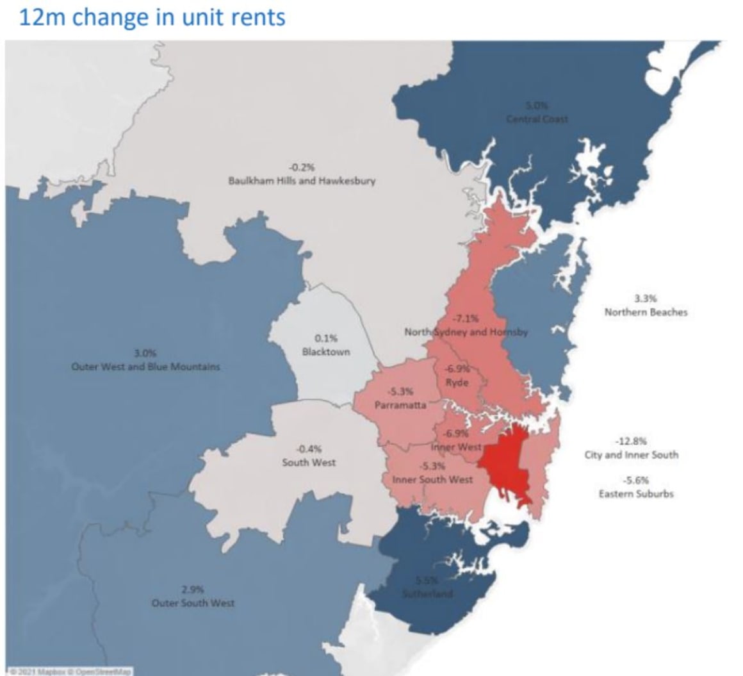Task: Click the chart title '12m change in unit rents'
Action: pos(152,17)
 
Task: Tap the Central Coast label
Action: pos(537,119)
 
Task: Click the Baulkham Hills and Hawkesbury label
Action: pos(302,181)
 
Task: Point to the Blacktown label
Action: pos(326,352)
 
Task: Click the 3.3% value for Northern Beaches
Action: pos(645,298)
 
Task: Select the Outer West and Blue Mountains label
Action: pos(145,367)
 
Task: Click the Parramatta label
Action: pos(400,405)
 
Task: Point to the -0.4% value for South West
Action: pos(309,449)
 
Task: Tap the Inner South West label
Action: pos(432,479)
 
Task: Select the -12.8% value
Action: pos(631,441)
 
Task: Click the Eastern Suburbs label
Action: pos(635,494)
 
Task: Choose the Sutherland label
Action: pos(427,593)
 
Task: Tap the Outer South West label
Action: pos(193,603)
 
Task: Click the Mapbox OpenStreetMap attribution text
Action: pos(67,671)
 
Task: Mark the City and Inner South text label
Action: pos(631,455)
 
